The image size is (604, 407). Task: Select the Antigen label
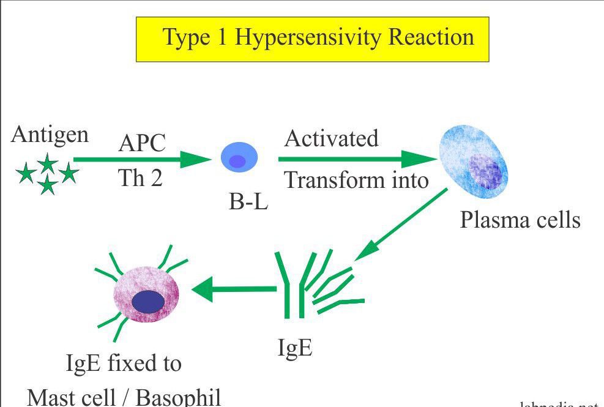tap(50, 135)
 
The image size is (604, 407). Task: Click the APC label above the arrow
tap(141, 144)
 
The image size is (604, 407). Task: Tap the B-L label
tap(248, 203)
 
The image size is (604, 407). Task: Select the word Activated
tap(332, 138)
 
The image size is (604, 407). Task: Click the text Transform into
tap(356, 181)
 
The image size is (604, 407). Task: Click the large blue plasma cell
tap(472, 165)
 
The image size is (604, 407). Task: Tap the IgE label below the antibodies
tap(295, 348)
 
